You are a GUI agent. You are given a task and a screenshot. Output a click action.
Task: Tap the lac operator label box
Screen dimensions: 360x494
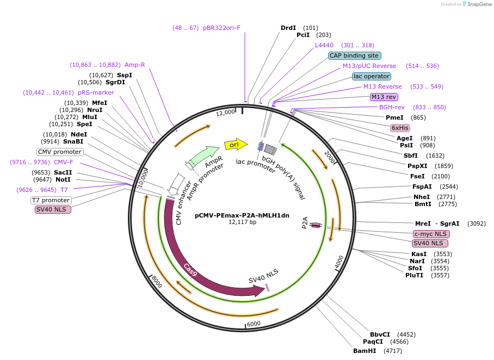(371, 76)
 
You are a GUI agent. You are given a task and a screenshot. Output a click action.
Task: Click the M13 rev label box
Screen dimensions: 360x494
(384, 97)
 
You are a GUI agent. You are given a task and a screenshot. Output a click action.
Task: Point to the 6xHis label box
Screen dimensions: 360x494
(400, 128)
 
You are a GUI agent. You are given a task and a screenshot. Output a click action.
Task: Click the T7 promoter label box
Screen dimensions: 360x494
(51, 200)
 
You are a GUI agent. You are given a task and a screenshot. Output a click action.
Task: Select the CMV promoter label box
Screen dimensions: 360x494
(60, 152)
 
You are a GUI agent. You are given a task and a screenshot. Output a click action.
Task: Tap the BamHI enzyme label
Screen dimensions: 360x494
(365, 351)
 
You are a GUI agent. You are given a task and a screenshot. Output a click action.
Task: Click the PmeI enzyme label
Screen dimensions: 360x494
(394, 117)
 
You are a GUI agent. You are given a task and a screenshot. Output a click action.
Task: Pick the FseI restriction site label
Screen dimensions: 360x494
(417, 176)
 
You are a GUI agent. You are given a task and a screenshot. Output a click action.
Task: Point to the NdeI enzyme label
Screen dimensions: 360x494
(79, 134)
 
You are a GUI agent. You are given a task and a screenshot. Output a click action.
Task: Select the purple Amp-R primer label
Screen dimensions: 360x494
(135, 65)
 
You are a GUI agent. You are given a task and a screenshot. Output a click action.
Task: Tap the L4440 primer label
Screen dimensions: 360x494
(324, 45)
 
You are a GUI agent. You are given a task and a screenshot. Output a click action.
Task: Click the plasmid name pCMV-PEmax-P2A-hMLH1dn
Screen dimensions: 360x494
(242, 215)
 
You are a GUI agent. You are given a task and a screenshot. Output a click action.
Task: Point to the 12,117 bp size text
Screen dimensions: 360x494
(242, 222)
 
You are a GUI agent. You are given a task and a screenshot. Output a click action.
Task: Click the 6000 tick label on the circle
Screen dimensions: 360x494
(254, 324)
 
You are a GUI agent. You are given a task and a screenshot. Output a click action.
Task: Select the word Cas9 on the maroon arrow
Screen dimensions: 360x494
(191, 269)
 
